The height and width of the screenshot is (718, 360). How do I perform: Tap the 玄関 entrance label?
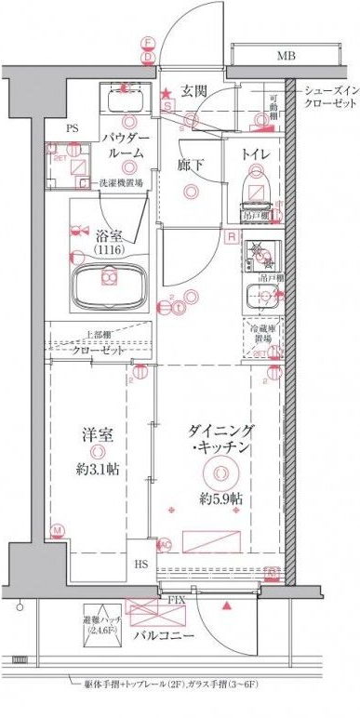(193, 90)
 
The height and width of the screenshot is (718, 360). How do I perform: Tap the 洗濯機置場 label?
(121, 183)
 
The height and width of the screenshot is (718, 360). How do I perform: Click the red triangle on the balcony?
(227, 606)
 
